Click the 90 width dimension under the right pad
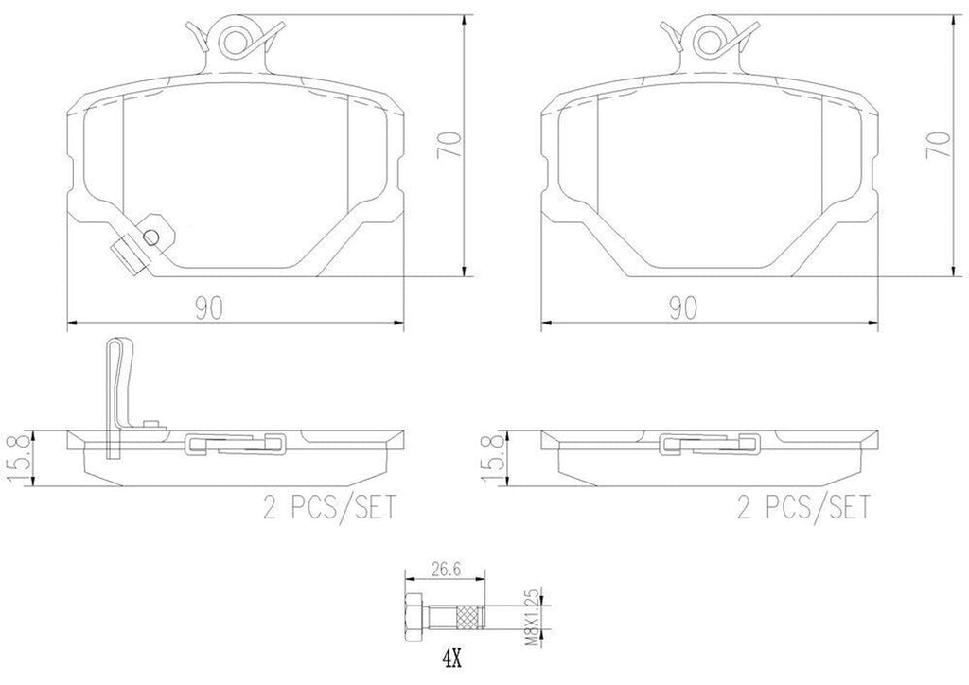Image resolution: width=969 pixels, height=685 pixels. pos(683,307)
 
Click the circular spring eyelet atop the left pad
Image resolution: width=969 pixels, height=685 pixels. pos(233,38)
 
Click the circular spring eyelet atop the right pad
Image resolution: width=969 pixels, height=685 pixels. pos(705,38)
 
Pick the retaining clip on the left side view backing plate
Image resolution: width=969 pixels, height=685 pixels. pos(237,443)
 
